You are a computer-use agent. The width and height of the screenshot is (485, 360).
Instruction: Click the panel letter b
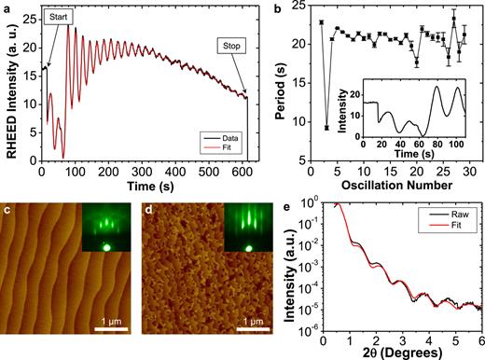(280, 7)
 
